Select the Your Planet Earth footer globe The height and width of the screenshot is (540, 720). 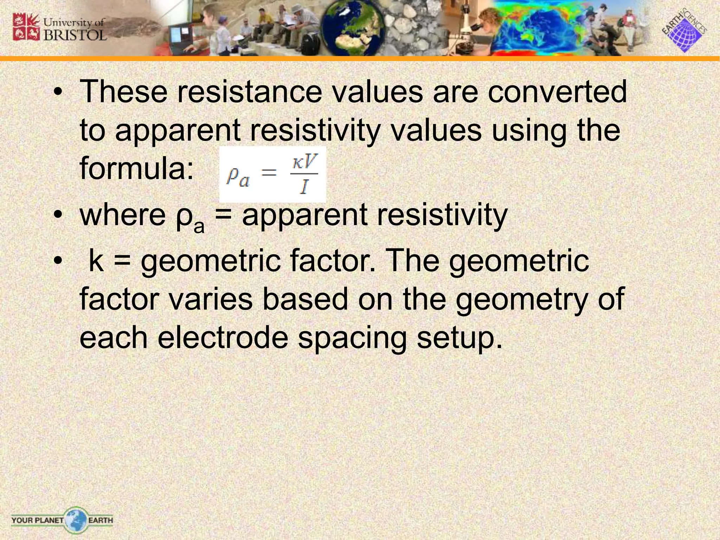click(75, 520)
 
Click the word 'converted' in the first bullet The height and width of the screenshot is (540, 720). click(557, 91)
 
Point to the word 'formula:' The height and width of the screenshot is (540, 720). click(137, 168)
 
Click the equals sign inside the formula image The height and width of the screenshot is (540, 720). click(269, 173)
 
